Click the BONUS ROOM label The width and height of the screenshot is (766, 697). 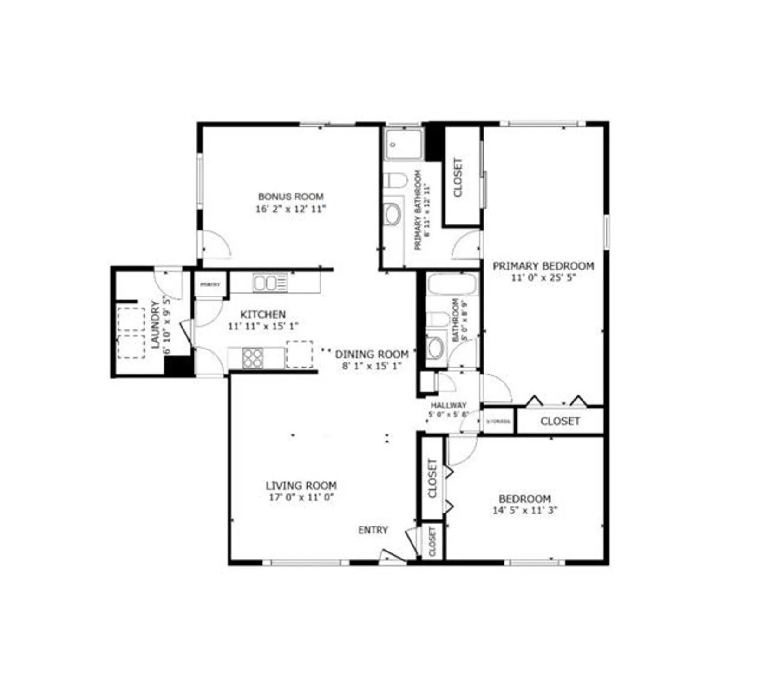point(291,197)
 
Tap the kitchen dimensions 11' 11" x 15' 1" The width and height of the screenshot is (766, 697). point(263,326)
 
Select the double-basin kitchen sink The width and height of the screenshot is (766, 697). point(270,283)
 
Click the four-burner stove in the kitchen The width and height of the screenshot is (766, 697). point(253,358)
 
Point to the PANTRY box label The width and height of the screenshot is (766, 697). point(210,284)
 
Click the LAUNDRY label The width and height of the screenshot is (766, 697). point(156,324)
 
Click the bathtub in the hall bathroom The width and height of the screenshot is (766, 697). point(452,284)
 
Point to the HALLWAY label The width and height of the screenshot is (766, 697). point(448,405)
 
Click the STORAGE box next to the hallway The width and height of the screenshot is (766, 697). point(498,421)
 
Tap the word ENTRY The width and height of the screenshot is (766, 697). point(373,530)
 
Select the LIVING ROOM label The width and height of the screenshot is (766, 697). point(301,486)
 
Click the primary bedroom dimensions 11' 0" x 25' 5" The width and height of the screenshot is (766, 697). point(543,278)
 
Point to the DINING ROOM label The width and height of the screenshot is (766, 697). point(372,354)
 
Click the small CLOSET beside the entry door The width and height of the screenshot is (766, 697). point(432,542)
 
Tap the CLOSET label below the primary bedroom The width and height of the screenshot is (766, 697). point(560,421)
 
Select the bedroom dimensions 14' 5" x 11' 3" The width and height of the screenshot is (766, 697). point(525,510)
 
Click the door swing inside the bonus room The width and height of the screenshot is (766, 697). point(216,245)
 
